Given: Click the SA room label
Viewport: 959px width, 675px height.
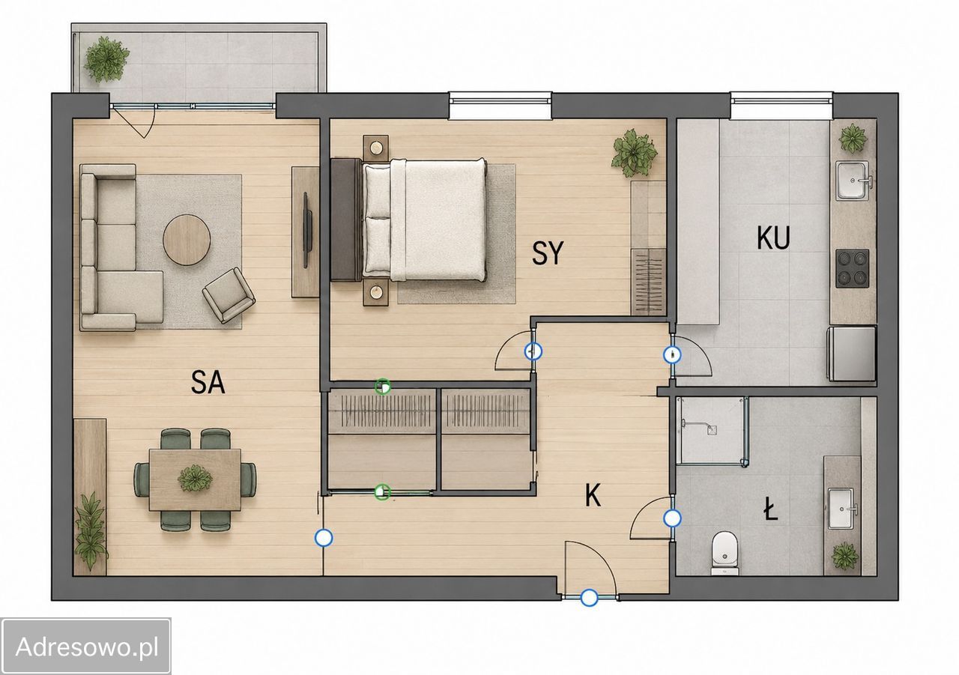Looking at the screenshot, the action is point(208,382).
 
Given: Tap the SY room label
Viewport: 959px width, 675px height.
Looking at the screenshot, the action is point(548,253).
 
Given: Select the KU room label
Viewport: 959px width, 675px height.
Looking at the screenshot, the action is point(773,238).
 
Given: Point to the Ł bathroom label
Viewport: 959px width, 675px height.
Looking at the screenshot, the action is point(771,512).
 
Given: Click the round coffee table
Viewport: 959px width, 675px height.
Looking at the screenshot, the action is point(187,240).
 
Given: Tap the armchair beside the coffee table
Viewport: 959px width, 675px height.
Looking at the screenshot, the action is point(229,295).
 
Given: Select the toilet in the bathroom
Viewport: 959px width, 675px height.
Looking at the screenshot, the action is point(724,553).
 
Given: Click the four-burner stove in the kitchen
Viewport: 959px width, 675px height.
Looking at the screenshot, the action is point(853,268).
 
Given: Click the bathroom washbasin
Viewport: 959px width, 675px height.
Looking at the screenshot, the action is point(841,509).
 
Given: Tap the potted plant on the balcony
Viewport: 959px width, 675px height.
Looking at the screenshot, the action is point(106,59).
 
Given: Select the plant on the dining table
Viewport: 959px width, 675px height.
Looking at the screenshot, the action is point(196,478).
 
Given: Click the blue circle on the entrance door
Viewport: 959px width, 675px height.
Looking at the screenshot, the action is point(589,598).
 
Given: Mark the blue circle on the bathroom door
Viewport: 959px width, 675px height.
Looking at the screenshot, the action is point(673,518).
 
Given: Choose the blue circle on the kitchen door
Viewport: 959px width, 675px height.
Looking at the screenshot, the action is point(672,355).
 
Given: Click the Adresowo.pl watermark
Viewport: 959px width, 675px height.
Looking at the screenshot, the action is point(87,647).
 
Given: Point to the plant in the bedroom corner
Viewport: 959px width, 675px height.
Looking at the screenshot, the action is point(635,153).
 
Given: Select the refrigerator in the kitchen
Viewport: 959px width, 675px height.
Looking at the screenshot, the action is point(852,354).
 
